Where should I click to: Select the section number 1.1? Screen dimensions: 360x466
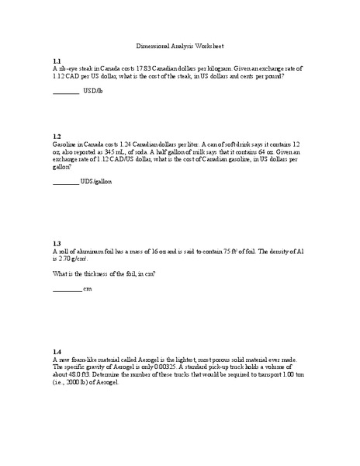coord(57,61)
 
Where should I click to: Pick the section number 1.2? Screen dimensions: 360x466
coord(57,136)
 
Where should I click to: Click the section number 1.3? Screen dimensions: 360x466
coord(57,243)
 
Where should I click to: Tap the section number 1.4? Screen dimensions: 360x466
coord(57,351)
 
